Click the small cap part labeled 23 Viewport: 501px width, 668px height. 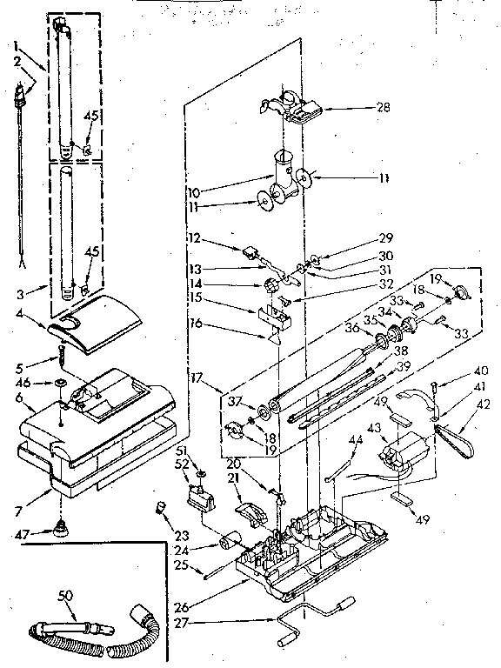(161, 508)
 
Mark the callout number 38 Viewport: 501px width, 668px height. (402, 351)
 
